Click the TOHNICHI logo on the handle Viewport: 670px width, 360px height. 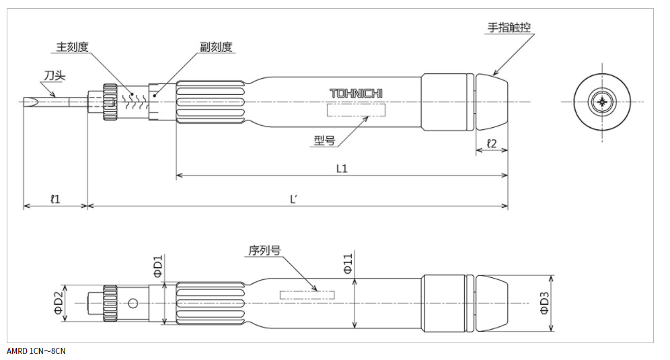point(356,94)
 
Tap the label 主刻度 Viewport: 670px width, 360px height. point(72,46)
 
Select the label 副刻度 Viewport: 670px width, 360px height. point(216,46)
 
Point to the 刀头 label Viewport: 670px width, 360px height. point(55,76)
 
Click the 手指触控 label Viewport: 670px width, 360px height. point(509,28)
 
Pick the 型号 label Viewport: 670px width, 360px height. point(325,140)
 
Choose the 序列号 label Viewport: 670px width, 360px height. point(264,250)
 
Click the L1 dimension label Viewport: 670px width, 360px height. point(342,168)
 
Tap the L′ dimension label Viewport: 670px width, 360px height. point(293,199)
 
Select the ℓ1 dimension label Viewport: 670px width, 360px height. point(55,199)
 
